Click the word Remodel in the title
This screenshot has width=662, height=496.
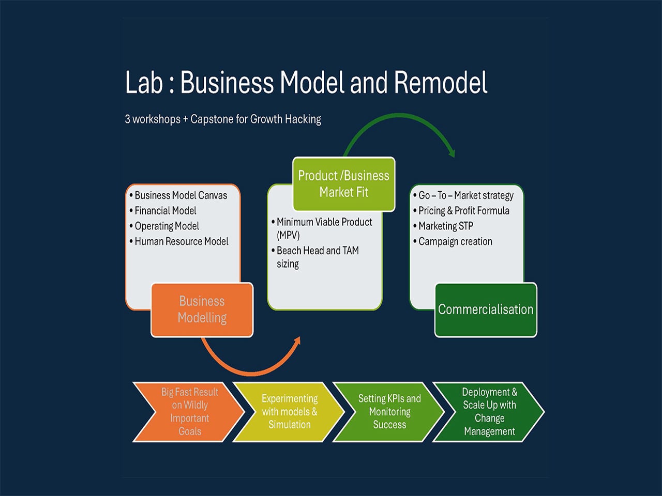point(441,82)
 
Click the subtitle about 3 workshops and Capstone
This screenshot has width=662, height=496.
point(223,119)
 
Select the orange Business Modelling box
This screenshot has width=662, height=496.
point(202,309)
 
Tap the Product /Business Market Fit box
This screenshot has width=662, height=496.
point(344,184)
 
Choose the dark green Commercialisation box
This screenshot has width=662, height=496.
point(486,309)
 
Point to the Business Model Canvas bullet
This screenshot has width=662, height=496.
point(178,195)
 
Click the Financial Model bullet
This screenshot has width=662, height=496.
point(163,211)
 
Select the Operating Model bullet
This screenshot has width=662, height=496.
point(164,226)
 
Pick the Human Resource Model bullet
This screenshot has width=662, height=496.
point(179,241)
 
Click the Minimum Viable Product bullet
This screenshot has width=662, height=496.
point(322,228)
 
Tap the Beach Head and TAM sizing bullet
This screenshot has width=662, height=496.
point(315,257)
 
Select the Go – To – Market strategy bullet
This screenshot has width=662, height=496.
point(463,195)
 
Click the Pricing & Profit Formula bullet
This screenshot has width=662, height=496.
point(461,211)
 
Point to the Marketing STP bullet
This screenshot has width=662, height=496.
point(443,226)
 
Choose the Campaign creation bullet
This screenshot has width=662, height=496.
point(453,241)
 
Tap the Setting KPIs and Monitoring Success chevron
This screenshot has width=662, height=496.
point(389,412)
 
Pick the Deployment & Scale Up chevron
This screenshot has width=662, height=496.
point(489,412)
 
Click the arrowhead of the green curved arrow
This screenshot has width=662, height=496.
point(452,153)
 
